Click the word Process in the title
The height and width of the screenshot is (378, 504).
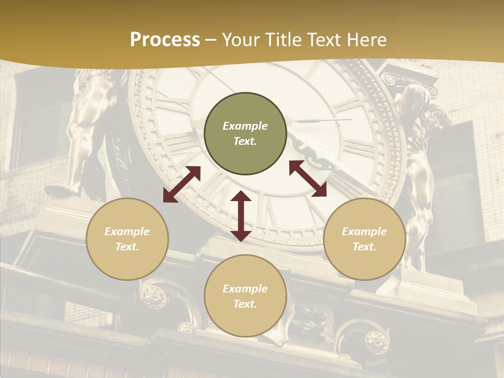click(x=165, y=40)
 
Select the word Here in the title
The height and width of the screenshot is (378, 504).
click(x=366, y=40)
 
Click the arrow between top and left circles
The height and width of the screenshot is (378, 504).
click(x=182, y=184)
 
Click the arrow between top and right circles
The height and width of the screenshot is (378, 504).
click(x=308, y=178)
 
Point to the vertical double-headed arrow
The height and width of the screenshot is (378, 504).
click(x=241, y=216)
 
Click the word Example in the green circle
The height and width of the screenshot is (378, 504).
click(x=245, y=126)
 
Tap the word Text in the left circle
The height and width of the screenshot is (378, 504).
click(x=127, y=247)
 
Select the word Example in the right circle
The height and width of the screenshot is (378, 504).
click(x=364, y=232)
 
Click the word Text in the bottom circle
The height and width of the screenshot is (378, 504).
click(x=245, y=304)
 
